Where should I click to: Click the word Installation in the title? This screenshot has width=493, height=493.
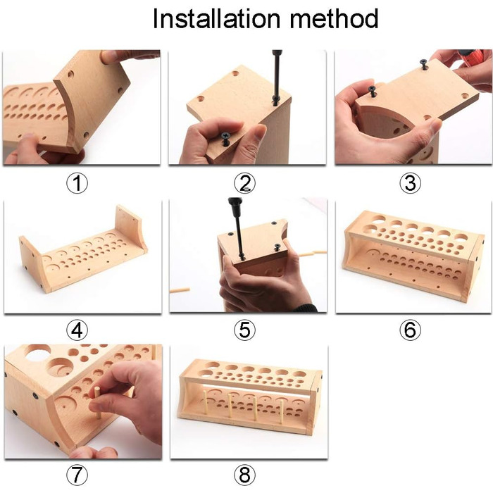(x=216, y=18)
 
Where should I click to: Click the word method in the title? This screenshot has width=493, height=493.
(x=334, y=18)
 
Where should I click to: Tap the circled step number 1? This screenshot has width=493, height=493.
(x=77, y=182)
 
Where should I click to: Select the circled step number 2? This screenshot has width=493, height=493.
(x=244, y=182)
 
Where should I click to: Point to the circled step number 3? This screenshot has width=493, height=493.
(x=410, y=182)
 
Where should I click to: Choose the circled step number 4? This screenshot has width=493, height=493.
(x=77, y=330)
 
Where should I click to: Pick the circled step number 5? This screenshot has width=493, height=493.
(x=244, y=330)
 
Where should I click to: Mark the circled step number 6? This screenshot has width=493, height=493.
(x=410, y=330)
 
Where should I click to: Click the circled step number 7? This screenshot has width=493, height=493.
(x=77, y=475)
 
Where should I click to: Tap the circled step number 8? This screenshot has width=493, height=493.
(x=244, y=475)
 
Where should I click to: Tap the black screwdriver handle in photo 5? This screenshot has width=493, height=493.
(x=235, y=206)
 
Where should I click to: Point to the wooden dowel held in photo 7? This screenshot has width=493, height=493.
(x=98, y=403)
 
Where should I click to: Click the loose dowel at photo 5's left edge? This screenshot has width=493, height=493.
(x=180, y=290)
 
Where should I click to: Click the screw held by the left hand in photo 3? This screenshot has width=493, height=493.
(x=373, y=91)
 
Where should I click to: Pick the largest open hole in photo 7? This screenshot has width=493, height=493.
(x=38, y=352)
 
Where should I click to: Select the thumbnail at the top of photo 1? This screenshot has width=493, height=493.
(x=108, y=56)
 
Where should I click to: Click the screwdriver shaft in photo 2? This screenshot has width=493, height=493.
(x=276, y=79)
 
